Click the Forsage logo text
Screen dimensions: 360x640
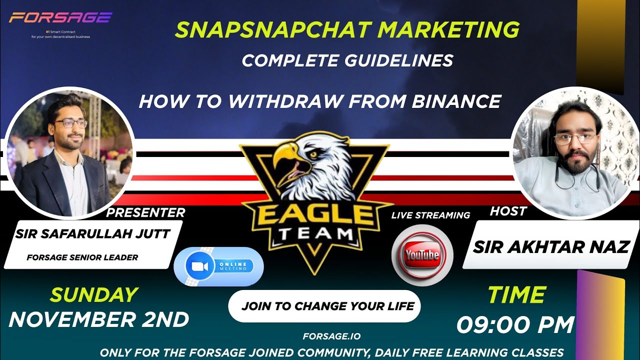(x=60, y=18)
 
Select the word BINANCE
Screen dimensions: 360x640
(x=456, y=101)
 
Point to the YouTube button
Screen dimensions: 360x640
(x=422, y=255)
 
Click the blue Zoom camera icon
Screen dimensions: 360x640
(x=196, y=266)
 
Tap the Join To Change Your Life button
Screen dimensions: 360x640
(x=324, y=305)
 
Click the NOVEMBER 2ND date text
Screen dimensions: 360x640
(x=99, y=319)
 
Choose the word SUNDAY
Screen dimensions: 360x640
(x=93, y=295)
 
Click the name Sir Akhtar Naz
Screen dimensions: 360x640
(x=551, y=246)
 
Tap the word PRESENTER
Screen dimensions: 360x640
(x=145, y=212)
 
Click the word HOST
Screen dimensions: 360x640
(x=508, y=211)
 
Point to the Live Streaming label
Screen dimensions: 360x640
(x=430, y=215)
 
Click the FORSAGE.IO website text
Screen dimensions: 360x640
(x=331, y=336)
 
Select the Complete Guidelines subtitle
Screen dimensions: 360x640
(x=347, y=60)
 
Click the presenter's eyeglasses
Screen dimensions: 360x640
(x=70, y=123)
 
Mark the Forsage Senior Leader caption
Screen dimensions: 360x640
(x=82, y=257)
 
